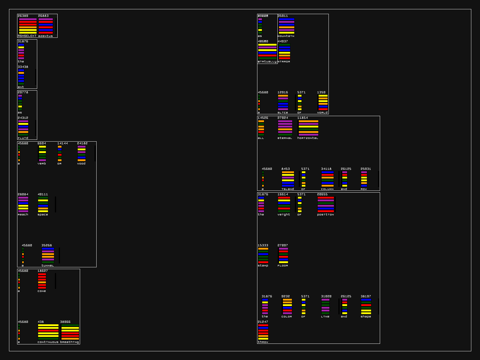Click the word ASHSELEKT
coord(27,36)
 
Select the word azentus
coord(45,36)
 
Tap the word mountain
coord(286,36)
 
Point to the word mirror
coord(284,61)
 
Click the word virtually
coord(267,61)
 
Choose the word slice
coord(283,112)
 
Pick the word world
coord(322,112)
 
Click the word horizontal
coord(307,138)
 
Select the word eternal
coord(285,138)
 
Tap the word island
coord(288,189)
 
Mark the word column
coord(327,189)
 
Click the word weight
coord(284,214)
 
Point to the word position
coord(325,214)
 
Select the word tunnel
coord(48,265)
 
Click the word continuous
coord(48,342)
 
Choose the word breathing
coord(70,342)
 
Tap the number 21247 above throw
coord(263,322)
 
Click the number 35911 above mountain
coord(283,16)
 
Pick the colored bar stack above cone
coord(42,281)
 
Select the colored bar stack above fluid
coord(23,128)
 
